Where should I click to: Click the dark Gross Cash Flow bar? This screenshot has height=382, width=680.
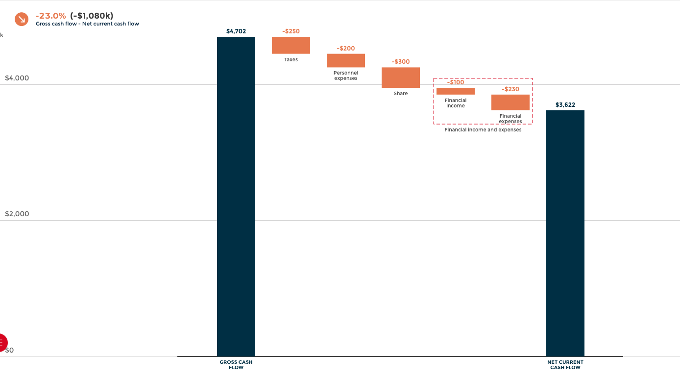click(236, 196)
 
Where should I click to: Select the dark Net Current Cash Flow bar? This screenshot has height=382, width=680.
click(565, 233)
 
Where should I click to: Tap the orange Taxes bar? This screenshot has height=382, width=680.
click(291, 45)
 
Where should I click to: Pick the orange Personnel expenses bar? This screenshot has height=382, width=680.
click(346, 60)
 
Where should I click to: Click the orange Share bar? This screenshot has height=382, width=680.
click(401, 77)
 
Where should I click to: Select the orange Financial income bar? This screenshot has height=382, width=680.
click(456, 91)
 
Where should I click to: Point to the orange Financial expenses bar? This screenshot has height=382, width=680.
click(510, 102)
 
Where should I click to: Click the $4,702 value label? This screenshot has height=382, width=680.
click(236, 31)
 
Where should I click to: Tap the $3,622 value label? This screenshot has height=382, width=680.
click(565, 105)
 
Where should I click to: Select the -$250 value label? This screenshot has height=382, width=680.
click(291, 31)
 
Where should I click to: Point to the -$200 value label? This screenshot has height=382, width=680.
click(346, 49)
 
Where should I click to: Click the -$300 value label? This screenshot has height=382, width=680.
click(401, 62)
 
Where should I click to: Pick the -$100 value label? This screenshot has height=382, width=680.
click(456, 82)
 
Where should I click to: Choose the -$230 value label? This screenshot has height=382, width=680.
click(510, 89)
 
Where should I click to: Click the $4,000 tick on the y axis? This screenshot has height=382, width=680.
click(17, 78)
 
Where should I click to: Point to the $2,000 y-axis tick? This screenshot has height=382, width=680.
click(17, 214)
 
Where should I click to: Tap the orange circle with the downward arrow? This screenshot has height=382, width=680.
click(22, 19)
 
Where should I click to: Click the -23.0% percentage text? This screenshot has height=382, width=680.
click(50, 16)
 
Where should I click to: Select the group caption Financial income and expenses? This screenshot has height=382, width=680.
click(483, 130)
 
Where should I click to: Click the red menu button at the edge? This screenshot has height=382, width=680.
click(2, 342)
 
